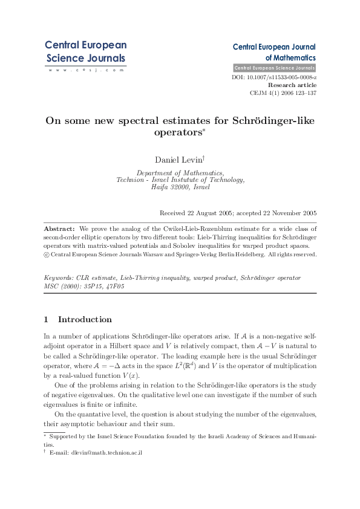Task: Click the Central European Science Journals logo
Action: coord(85,52)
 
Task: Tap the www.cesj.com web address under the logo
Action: coord(85,70)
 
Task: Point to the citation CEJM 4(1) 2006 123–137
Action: coord(283,94)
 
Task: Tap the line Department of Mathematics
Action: coord(180,172)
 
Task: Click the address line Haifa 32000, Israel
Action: coord(180,187)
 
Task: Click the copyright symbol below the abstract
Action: coord(47,254)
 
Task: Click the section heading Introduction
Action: coord(85,319)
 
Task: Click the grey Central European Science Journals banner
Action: coord(274,68)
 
